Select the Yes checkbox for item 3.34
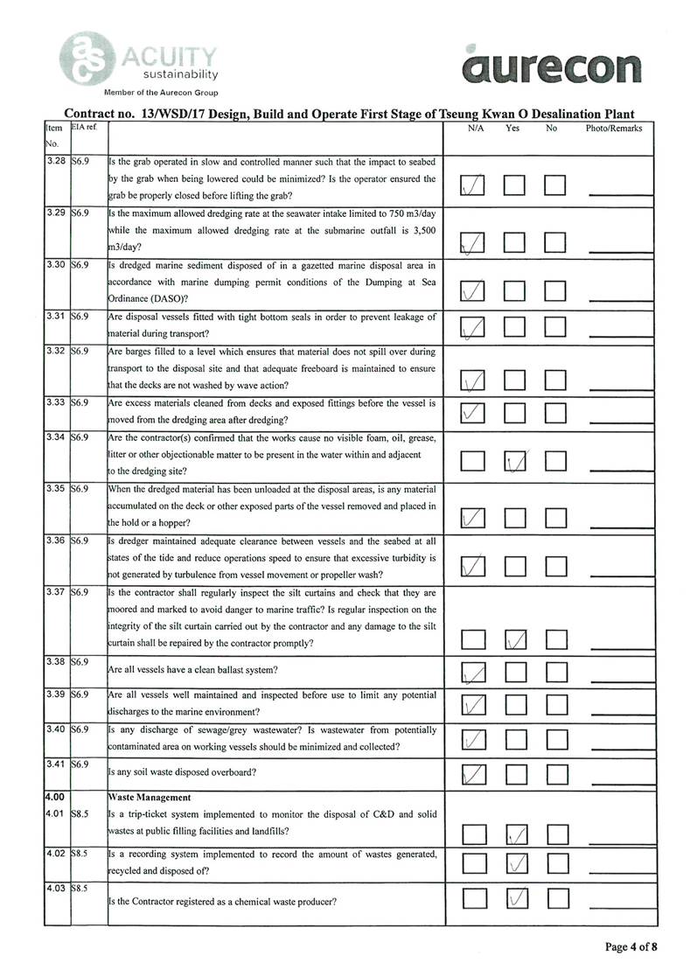[516, 459]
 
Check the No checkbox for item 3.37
[556, 640]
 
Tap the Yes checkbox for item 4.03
[516, 897]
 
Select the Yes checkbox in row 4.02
[516, 865]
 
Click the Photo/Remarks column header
[614, 129]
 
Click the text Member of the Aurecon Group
[161, 93]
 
